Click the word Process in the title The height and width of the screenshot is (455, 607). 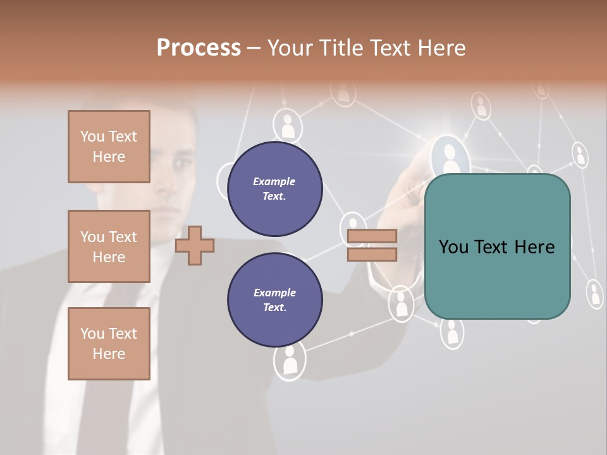[199, 47]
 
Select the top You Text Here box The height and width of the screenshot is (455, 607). [109, 147]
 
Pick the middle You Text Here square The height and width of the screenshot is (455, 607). [109, 246]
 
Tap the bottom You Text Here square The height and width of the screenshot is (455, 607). [109, 343]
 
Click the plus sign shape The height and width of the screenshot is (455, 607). [194, 246]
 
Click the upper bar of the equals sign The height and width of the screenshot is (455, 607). [372, 236]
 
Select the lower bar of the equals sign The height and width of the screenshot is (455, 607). [372, 255]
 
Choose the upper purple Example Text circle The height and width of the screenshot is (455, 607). [274, 188]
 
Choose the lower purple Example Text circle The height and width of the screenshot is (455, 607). [274, 300]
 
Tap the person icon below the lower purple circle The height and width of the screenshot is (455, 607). [290, 363]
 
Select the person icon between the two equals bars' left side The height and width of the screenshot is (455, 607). [353, 226]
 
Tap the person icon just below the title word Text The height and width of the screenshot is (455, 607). [343, 93]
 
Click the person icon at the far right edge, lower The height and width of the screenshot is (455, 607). [594, 294]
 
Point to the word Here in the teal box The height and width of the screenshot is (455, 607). [532, 247]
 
